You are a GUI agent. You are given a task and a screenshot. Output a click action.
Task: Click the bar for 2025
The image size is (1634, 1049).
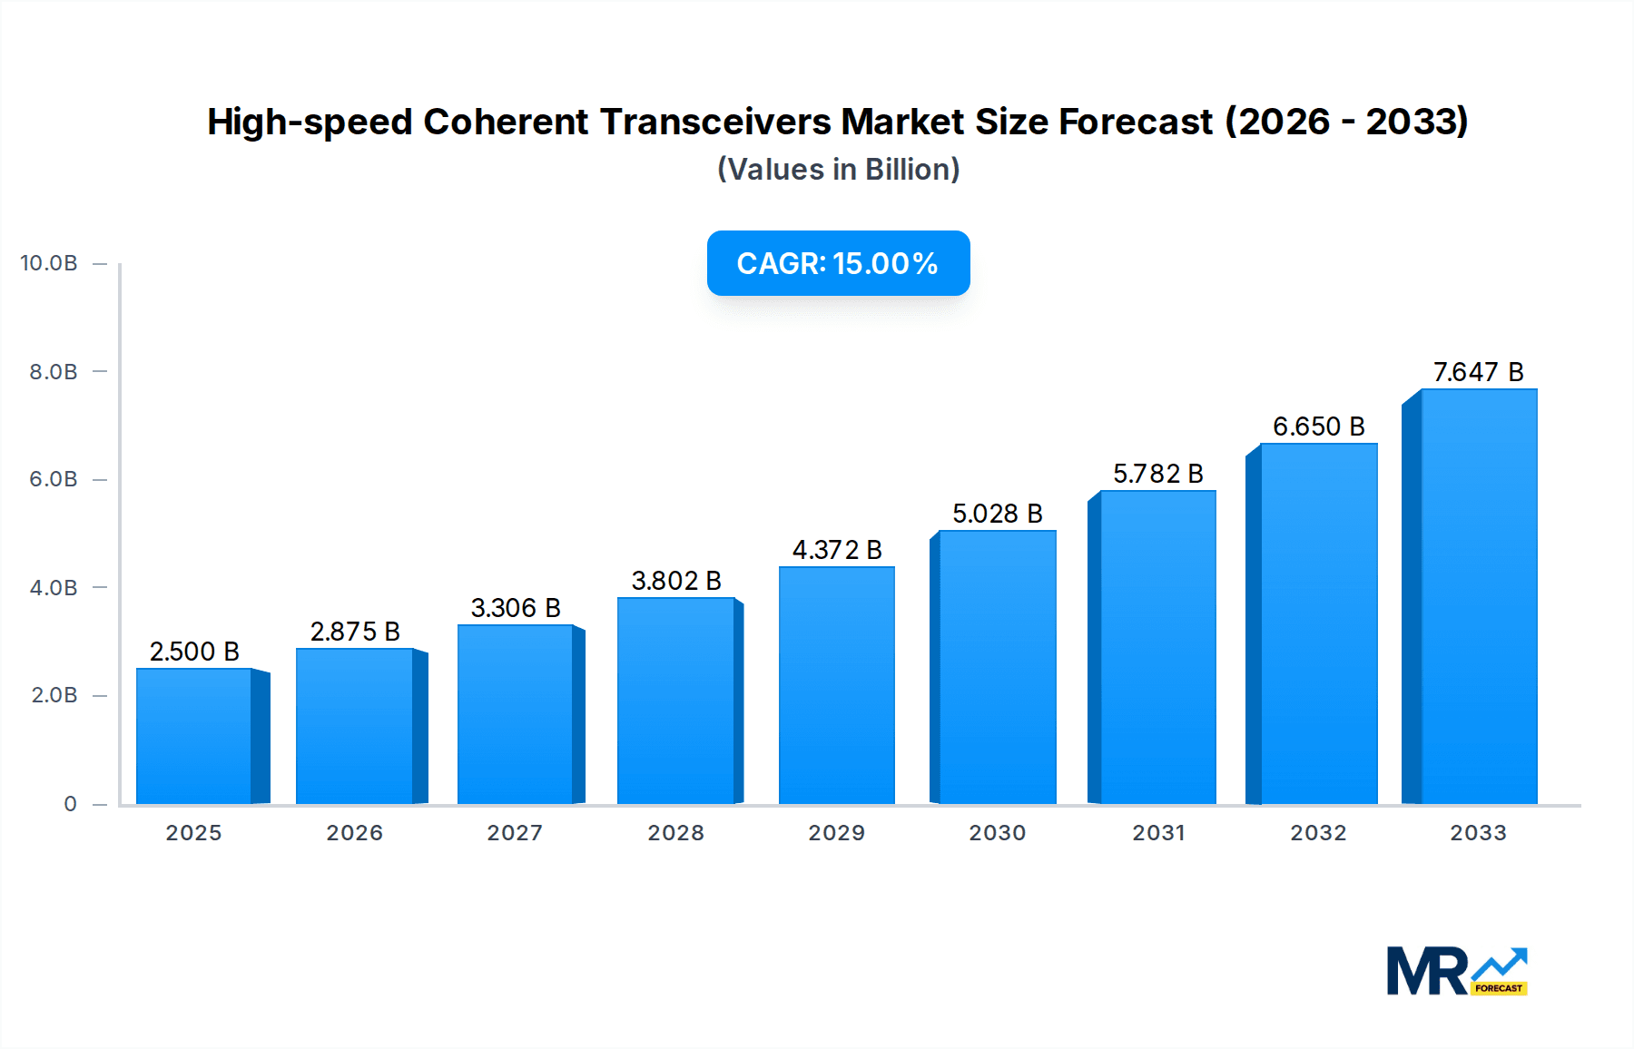point(194,736)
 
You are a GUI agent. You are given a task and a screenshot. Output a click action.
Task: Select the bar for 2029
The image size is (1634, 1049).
point(836,685)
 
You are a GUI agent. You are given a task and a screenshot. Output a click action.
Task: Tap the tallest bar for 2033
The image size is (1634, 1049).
point(1478,596)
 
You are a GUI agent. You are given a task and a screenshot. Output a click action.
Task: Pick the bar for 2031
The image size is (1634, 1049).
point(1157,647)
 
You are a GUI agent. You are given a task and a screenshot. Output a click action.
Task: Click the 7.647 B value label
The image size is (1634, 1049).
point(1478,372)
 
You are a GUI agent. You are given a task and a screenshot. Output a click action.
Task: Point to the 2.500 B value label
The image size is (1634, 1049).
point(194,652)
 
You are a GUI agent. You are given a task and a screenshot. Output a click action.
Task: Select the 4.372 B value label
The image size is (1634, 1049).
point(836,550)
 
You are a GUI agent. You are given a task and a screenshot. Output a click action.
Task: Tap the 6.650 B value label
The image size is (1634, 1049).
point(1318,426)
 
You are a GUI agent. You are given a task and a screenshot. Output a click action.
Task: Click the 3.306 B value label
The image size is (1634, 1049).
point(515,608)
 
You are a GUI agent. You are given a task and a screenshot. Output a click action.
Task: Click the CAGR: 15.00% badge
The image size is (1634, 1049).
point(838,263)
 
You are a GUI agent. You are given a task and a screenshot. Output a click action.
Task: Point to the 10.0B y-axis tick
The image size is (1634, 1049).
point(49,263)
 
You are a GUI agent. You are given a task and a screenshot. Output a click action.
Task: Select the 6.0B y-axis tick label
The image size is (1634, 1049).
point(54,479)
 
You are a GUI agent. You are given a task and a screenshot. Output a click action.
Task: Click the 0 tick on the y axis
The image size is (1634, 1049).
point(70,804)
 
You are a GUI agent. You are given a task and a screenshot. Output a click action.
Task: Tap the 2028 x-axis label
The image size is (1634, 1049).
point(675,833)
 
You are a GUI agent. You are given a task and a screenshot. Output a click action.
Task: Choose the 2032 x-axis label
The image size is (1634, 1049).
point(1318,833)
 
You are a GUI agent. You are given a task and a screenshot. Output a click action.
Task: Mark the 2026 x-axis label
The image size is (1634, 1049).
point(354,833)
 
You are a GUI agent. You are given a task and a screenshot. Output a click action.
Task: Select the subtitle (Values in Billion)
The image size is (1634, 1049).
point(838,170)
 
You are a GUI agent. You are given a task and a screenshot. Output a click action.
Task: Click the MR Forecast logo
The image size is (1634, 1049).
point(1456,971)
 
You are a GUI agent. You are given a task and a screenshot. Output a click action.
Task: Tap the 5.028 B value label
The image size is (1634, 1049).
point(997,514)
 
